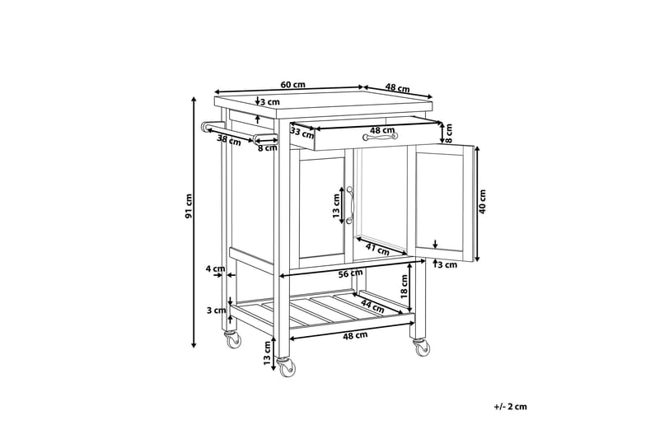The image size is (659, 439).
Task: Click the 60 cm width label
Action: (292, 84)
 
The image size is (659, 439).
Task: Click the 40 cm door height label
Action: (484, 200)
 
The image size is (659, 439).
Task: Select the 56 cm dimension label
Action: (349, 273)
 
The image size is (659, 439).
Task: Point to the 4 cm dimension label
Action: (215, 269)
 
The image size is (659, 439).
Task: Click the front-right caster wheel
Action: (422, 348)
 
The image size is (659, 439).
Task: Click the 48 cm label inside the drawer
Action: (380, 130)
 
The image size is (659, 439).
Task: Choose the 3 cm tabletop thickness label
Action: (269, 102)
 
